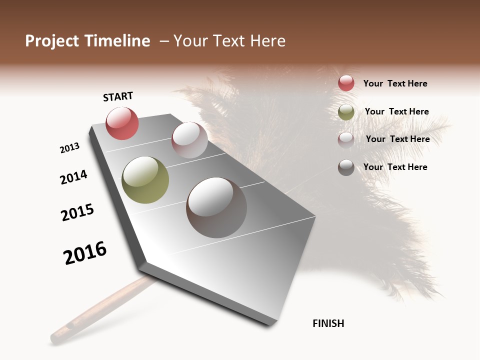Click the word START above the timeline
pyautogui.click(x=118, y=96)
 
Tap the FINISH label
pyautogui.click(x=328, y=323)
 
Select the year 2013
pyautogui.click(x=69, y=148)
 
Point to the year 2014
pyautogui.click(x=73, y=177)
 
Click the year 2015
pyautogui.click(x=77, y=212)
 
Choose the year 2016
pyautogui.click(x=85, y=253)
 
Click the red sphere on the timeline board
pyautogui.click(x=122, y=123)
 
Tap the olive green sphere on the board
pyautogui.click(x=145, y=180)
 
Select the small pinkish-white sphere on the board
pyautogui.click(x=189, y=140)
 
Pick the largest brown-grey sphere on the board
pyautogui.click(x=216, y=207)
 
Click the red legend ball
pyautogui.click(x=346, y=83)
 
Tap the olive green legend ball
pyautogui.click(x=346, y=112)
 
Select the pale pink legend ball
pyautogui.click(x=346, y=140)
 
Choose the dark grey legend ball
pyautogui.click(x=346, y=167)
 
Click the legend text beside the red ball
pyautogui.click(x=395, y=83)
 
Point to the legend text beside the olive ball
pyautogui.click(x=396, y=111)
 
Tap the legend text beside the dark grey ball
pyautogui.click(x=395, y=167)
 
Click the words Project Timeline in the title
pyautogui.click(x=87, y=41)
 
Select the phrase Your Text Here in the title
pyautogui.click(x=229, y=41)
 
